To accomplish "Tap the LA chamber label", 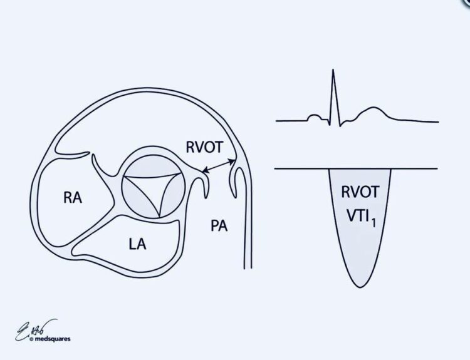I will coord(138,243).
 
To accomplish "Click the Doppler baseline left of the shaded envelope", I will coord(301,168).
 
